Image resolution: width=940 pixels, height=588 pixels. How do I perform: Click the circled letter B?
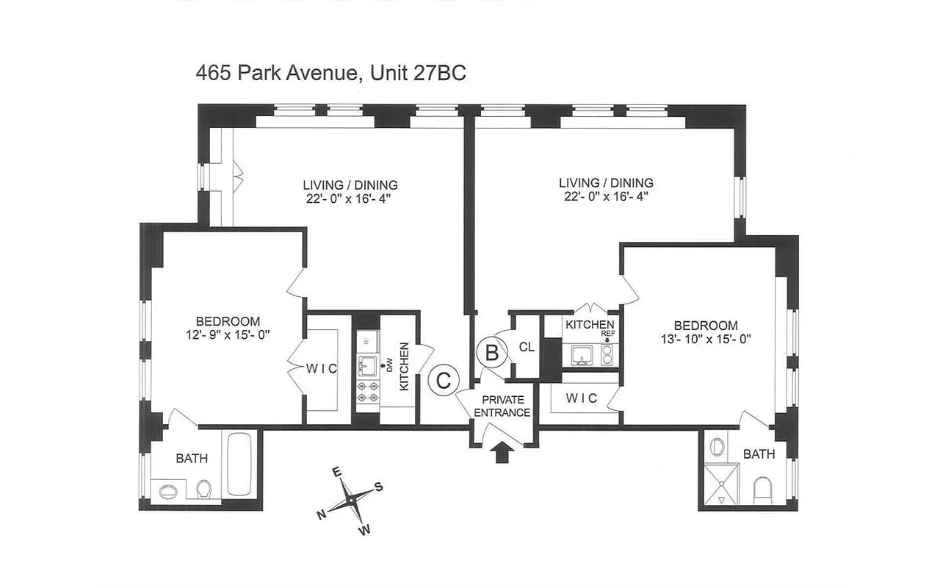492,353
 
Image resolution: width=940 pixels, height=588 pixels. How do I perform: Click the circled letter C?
444,380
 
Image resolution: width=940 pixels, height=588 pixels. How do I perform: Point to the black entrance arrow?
502,451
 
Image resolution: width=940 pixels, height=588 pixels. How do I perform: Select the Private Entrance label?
502,406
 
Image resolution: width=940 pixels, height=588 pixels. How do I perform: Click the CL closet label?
527,347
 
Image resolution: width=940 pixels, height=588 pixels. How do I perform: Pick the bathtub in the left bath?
240,465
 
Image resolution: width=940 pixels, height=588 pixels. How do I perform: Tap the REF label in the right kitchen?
607,333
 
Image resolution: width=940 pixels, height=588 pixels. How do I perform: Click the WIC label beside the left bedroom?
323,369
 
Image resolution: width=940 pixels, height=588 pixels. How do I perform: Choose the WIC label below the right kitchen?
581,398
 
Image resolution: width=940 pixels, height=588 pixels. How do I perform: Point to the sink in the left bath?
168,490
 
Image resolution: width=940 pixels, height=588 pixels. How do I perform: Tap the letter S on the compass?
379,486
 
